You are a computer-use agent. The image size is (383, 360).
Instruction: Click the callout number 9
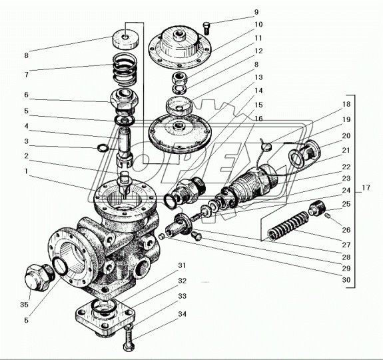point(256,12)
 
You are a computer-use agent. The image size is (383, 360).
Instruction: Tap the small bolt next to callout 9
point(206,28)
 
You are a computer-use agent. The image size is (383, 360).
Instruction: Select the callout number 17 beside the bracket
point(366,188)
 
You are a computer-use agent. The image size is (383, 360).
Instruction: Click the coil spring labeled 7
point(125,69)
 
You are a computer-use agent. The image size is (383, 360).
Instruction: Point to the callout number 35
point(24,305)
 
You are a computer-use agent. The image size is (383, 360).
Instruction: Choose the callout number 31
point(182,265)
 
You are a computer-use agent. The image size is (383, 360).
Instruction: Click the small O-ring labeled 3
point(103,147)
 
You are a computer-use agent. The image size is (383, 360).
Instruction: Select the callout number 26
point(346,230)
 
